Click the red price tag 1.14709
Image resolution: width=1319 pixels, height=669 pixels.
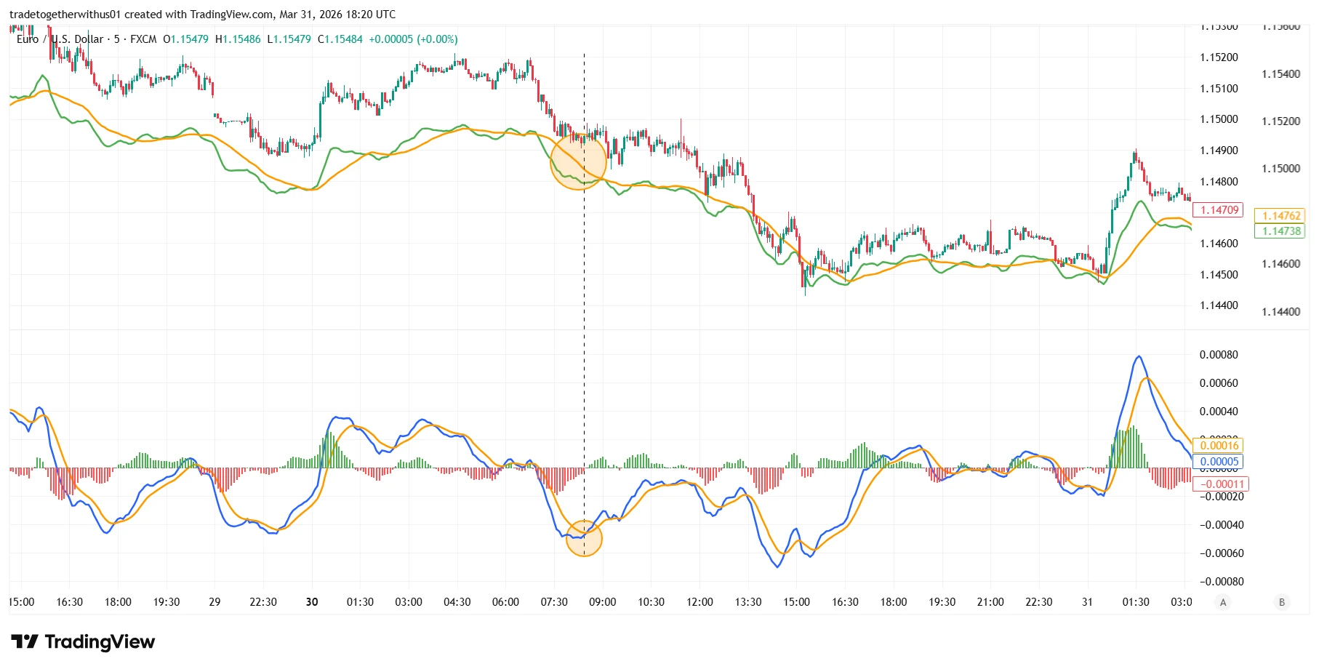pos(1219,210)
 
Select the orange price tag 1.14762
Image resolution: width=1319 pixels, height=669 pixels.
pos(1280,216)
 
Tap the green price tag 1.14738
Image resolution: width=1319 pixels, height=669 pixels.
pos(1280,231)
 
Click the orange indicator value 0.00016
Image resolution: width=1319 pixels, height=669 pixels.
pos(1219,446)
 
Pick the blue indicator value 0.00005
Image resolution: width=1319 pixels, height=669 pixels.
pos(1219,462)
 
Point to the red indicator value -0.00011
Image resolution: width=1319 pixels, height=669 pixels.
pos(1221,484)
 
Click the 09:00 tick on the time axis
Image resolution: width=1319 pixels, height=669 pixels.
pos(602,602)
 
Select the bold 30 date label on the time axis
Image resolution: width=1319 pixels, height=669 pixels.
pos(312,602)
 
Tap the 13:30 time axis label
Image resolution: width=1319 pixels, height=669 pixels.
pos(747,602)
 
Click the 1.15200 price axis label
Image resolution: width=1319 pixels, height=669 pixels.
pos(1219,57)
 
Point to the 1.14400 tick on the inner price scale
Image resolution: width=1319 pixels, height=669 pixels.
pos(1219,305)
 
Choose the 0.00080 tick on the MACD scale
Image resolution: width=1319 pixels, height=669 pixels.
pos(1219,355)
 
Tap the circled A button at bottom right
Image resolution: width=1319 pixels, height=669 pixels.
pos(1223,602)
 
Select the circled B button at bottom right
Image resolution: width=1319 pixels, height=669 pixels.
pos(1281,602)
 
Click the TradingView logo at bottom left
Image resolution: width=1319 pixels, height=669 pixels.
pos(83,642)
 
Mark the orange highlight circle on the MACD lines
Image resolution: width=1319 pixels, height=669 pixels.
pos(584,538)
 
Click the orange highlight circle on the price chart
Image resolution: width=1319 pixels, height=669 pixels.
pos(578,161)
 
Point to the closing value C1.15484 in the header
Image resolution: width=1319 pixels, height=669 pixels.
pos(340,39)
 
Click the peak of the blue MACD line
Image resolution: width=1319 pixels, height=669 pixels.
pos(1138,356)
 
